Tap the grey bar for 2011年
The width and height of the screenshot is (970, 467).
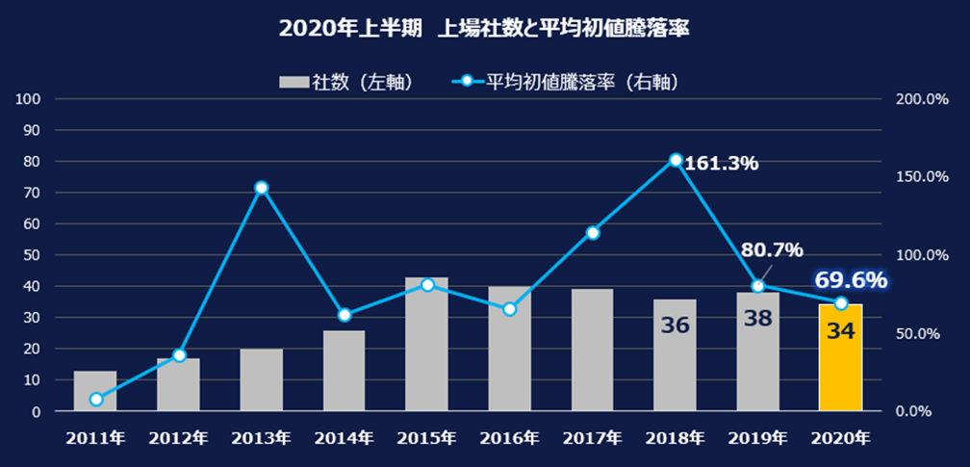click(x=95, y=390)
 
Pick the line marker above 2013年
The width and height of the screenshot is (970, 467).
click(x=261, y=188)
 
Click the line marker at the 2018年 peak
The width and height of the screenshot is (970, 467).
click(x=676, y=160)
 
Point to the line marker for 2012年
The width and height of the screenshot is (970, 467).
click(x=179, y=356)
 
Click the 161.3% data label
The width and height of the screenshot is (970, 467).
click(x=722, y=164)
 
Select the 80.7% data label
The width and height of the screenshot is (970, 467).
click(x=772, y=250)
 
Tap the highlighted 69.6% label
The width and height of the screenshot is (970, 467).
click(x=851, y=280)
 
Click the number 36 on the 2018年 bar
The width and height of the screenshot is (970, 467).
click(x=676, y=324)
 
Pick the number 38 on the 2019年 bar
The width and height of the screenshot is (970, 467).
click(x=758, y=319)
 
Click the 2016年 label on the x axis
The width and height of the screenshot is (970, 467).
click(x=509, y=438)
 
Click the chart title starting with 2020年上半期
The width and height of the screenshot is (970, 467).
click(x=484, y=28)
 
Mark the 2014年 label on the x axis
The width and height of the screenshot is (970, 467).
click(x=344, y=438)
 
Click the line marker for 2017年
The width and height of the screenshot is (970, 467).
click(x=593, y=233)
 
